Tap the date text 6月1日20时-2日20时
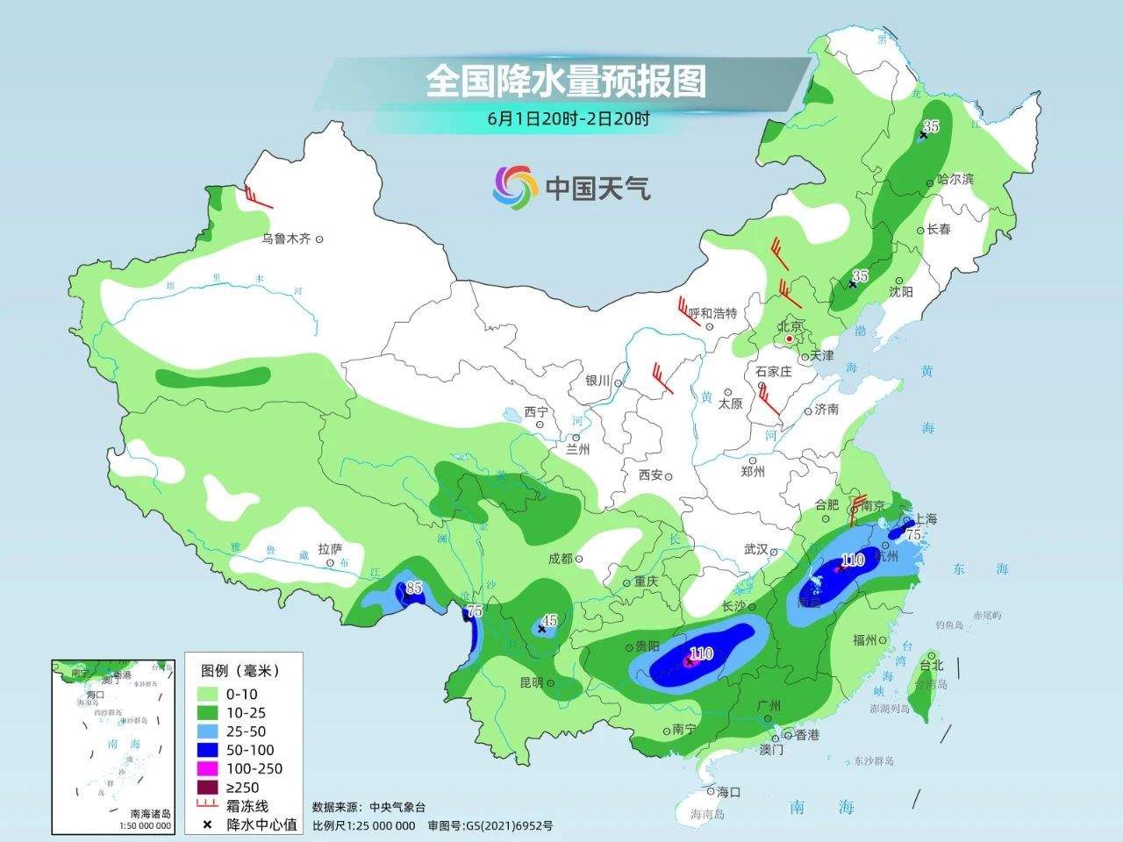click(569, 119)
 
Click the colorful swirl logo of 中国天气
click(515, 187)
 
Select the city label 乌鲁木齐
click(287, 239)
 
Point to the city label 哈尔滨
click(956, 179)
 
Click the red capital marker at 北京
click(790, 339)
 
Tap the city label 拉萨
click(331, 549)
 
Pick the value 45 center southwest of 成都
click(549, 619)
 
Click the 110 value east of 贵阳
click(701, 653)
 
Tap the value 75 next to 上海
click(912, 534)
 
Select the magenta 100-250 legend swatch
click(209, 768)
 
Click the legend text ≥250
click(243, 788)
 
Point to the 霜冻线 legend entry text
click(247, 806)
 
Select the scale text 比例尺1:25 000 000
click(364, 825)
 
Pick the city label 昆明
click(532, 681)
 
